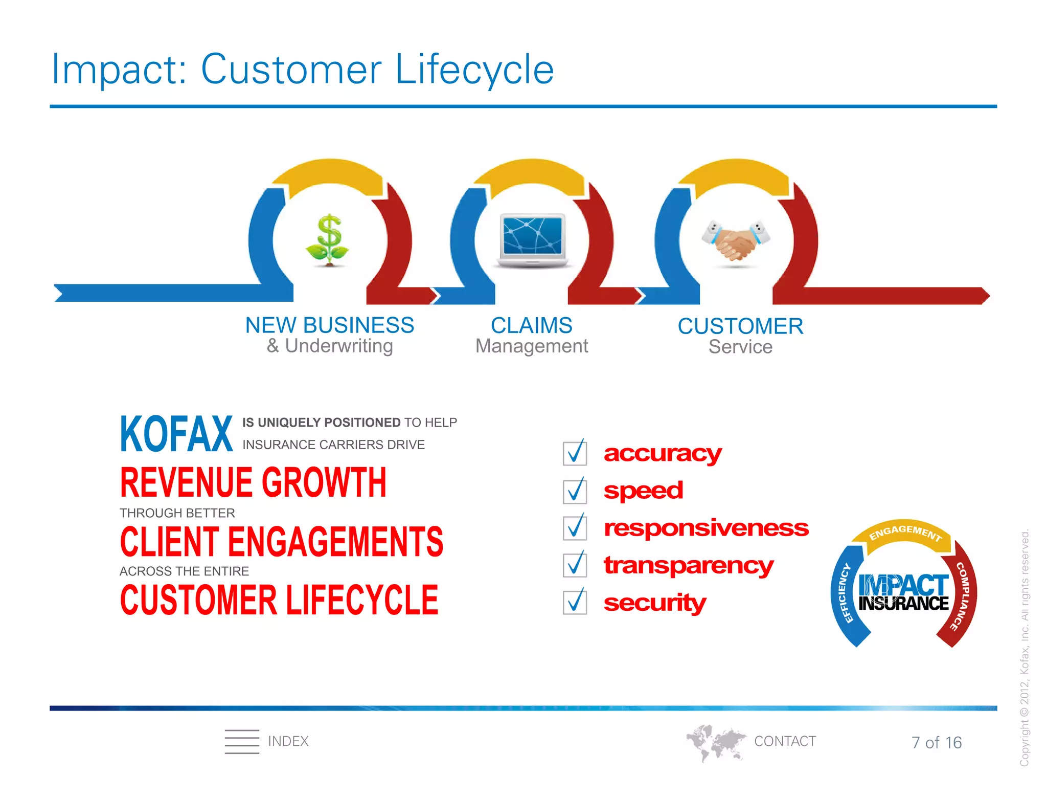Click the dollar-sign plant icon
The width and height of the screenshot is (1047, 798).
click(328, 240)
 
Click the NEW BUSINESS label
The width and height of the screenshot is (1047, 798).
click(329, 325)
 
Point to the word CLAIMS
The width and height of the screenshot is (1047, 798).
click(531, 325)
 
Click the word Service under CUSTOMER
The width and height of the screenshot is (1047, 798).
click(740, 347)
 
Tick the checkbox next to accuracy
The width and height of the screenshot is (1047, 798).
click(575, 453)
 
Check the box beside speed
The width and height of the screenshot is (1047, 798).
click(575, 491)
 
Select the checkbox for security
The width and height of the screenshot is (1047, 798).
click(575, 602)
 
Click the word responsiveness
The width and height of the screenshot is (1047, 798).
click(705, 528)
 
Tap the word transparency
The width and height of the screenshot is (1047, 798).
click(688, 565)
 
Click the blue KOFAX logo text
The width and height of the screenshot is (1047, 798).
click(176, 434)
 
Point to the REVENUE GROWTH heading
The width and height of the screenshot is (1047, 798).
click(253, 482)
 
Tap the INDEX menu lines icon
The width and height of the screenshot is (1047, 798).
click(242, 741)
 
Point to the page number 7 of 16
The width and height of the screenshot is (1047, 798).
click(936, 742)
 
